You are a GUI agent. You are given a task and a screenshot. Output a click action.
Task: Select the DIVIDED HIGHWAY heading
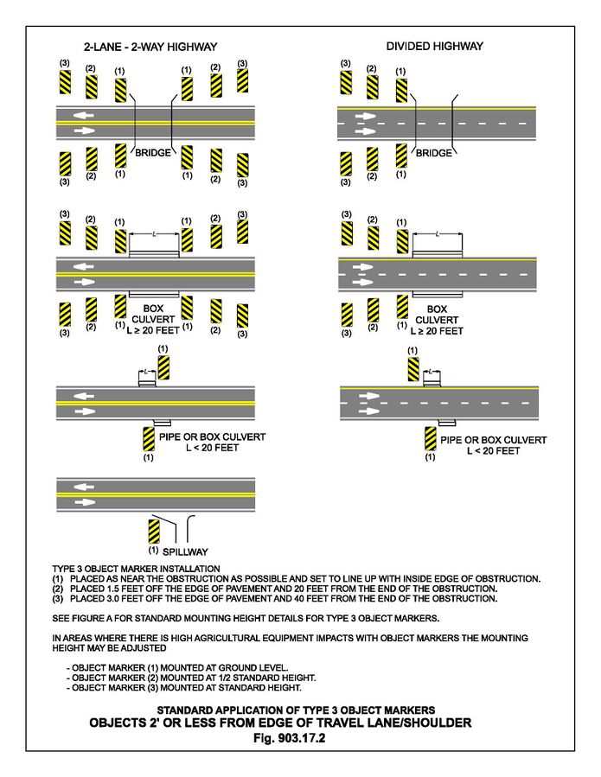point(434,46)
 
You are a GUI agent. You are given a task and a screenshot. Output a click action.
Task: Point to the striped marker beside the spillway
point(153,531)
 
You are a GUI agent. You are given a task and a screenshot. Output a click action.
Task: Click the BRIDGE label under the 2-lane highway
point(153,153)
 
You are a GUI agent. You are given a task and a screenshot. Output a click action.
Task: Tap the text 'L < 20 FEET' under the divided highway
point(493,451)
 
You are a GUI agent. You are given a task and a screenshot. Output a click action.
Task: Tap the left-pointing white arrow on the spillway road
point(83,487)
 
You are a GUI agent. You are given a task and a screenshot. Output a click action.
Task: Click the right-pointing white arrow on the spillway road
point(83,501)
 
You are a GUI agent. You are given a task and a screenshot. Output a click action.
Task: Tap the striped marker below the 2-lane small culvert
point(148,438)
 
